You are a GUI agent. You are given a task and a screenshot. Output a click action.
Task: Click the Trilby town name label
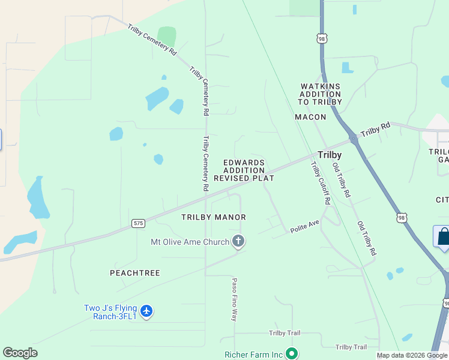tap(330, 155)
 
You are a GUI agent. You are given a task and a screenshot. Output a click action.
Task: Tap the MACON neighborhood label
tap(310, 117)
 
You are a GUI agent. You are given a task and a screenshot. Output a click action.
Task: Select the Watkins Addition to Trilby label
tap(320, 94)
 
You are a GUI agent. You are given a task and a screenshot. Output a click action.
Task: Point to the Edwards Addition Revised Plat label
tap(244, 170)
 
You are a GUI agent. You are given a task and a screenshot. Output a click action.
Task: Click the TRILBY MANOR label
tap(214, 217)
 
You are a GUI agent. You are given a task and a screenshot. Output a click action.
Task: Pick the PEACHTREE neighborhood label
tap(135, 273)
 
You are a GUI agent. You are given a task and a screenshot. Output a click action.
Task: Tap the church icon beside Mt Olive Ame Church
tap(238, 242)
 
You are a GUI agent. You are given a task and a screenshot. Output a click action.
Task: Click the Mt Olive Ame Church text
tap(190, 242)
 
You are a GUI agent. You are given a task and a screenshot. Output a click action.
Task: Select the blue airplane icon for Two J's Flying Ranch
tap(146, 311)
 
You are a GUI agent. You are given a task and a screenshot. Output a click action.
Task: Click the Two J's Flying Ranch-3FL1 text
tap(110, 312)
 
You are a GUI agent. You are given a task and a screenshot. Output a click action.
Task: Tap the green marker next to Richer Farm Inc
tap(292, 354)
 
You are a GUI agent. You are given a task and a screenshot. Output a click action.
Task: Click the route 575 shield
tap(138, 223)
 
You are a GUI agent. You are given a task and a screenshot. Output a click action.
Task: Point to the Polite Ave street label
tap(305, 226)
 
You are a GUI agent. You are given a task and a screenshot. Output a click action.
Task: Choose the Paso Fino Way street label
tap(235, 299)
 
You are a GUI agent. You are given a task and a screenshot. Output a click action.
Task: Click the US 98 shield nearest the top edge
tap(322, 38)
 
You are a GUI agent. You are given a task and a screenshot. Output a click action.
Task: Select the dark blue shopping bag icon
tap(443, 236)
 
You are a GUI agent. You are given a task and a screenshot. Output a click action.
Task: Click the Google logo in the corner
tap(20, 353)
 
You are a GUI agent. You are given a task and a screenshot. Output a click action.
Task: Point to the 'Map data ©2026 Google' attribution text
tap(412, 355)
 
